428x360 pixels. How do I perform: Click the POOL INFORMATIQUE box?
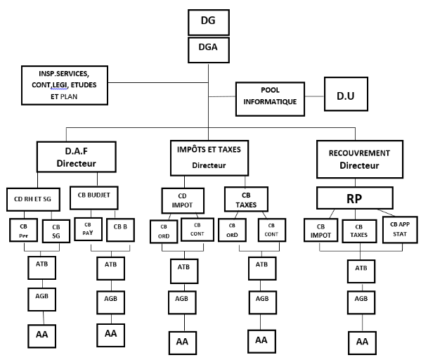[x=268, y=96]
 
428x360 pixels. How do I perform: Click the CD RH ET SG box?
[x=38, y=198]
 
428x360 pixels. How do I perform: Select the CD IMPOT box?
[x=182, y=198]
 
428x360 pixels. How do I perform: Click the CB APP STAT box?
[x=399, y=229]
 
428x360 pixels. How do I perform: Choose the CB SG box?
[x=57, y=231]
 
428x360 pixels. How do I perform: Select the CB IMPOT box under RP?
[x=320, y=231]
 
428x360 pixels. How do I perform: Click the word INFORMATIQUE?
[x=268, y=101]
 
